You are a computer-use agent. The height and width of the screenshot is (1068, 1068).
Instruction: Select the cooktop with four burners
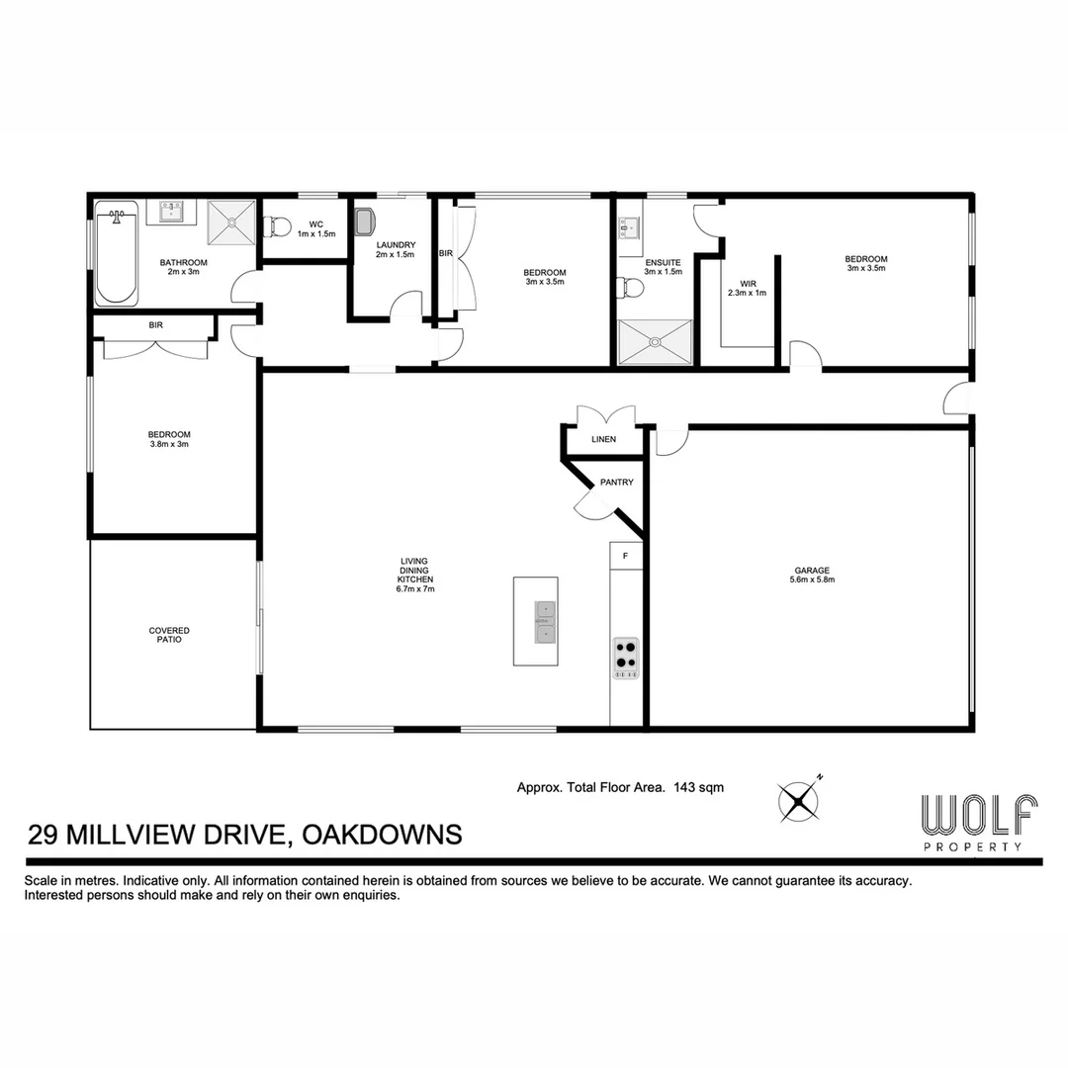[x=626, y=658]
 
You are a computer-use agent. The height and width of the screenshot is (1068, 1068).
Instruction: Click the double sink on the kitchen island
[x=545, y=622]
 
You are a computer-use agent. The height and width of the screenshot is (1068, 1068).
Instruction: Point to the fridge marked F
[x=625, y=557]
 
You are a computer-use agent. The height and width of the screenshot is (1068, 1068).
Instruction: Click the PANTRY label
[x=616, y=483]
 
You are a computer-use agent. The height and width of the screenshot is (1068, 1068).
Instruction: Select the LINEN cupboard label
[x=603, y=439]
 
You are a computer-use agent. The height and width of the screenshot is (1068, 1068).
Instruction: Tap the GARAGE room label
[x=811, y=571]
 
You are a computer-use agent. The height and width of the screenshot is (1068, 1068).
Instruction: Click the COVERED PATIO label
[x=169, y=635]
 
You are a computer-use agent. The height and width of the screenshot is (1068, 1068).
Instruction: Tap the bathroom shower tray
[x=231, y=222]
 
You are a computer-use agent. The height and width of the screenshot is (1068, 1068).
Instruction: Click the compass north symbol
[x=799, y=800]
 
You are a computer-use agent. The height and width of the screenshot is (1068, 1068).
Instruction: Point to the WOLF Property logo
[x=978, y=822]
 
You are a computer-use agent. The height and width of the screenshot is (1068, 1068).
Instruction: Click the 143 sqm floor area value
[x=698, y=788]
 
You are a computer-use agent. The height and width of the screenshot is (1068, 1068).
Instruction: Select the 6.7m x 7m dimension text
[x=416, y=588]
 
